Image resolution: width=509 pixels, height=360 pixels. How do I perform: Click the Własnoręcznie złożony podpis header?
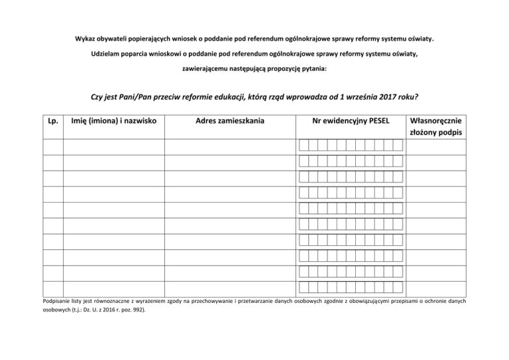click(x=436, y=127)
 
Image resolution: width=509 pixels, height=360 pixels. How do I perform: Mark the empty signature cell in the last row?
click(x=436, y=287)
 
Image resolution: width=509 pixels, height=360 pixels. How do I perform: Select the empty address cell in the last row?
click(x=230, y=287)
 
